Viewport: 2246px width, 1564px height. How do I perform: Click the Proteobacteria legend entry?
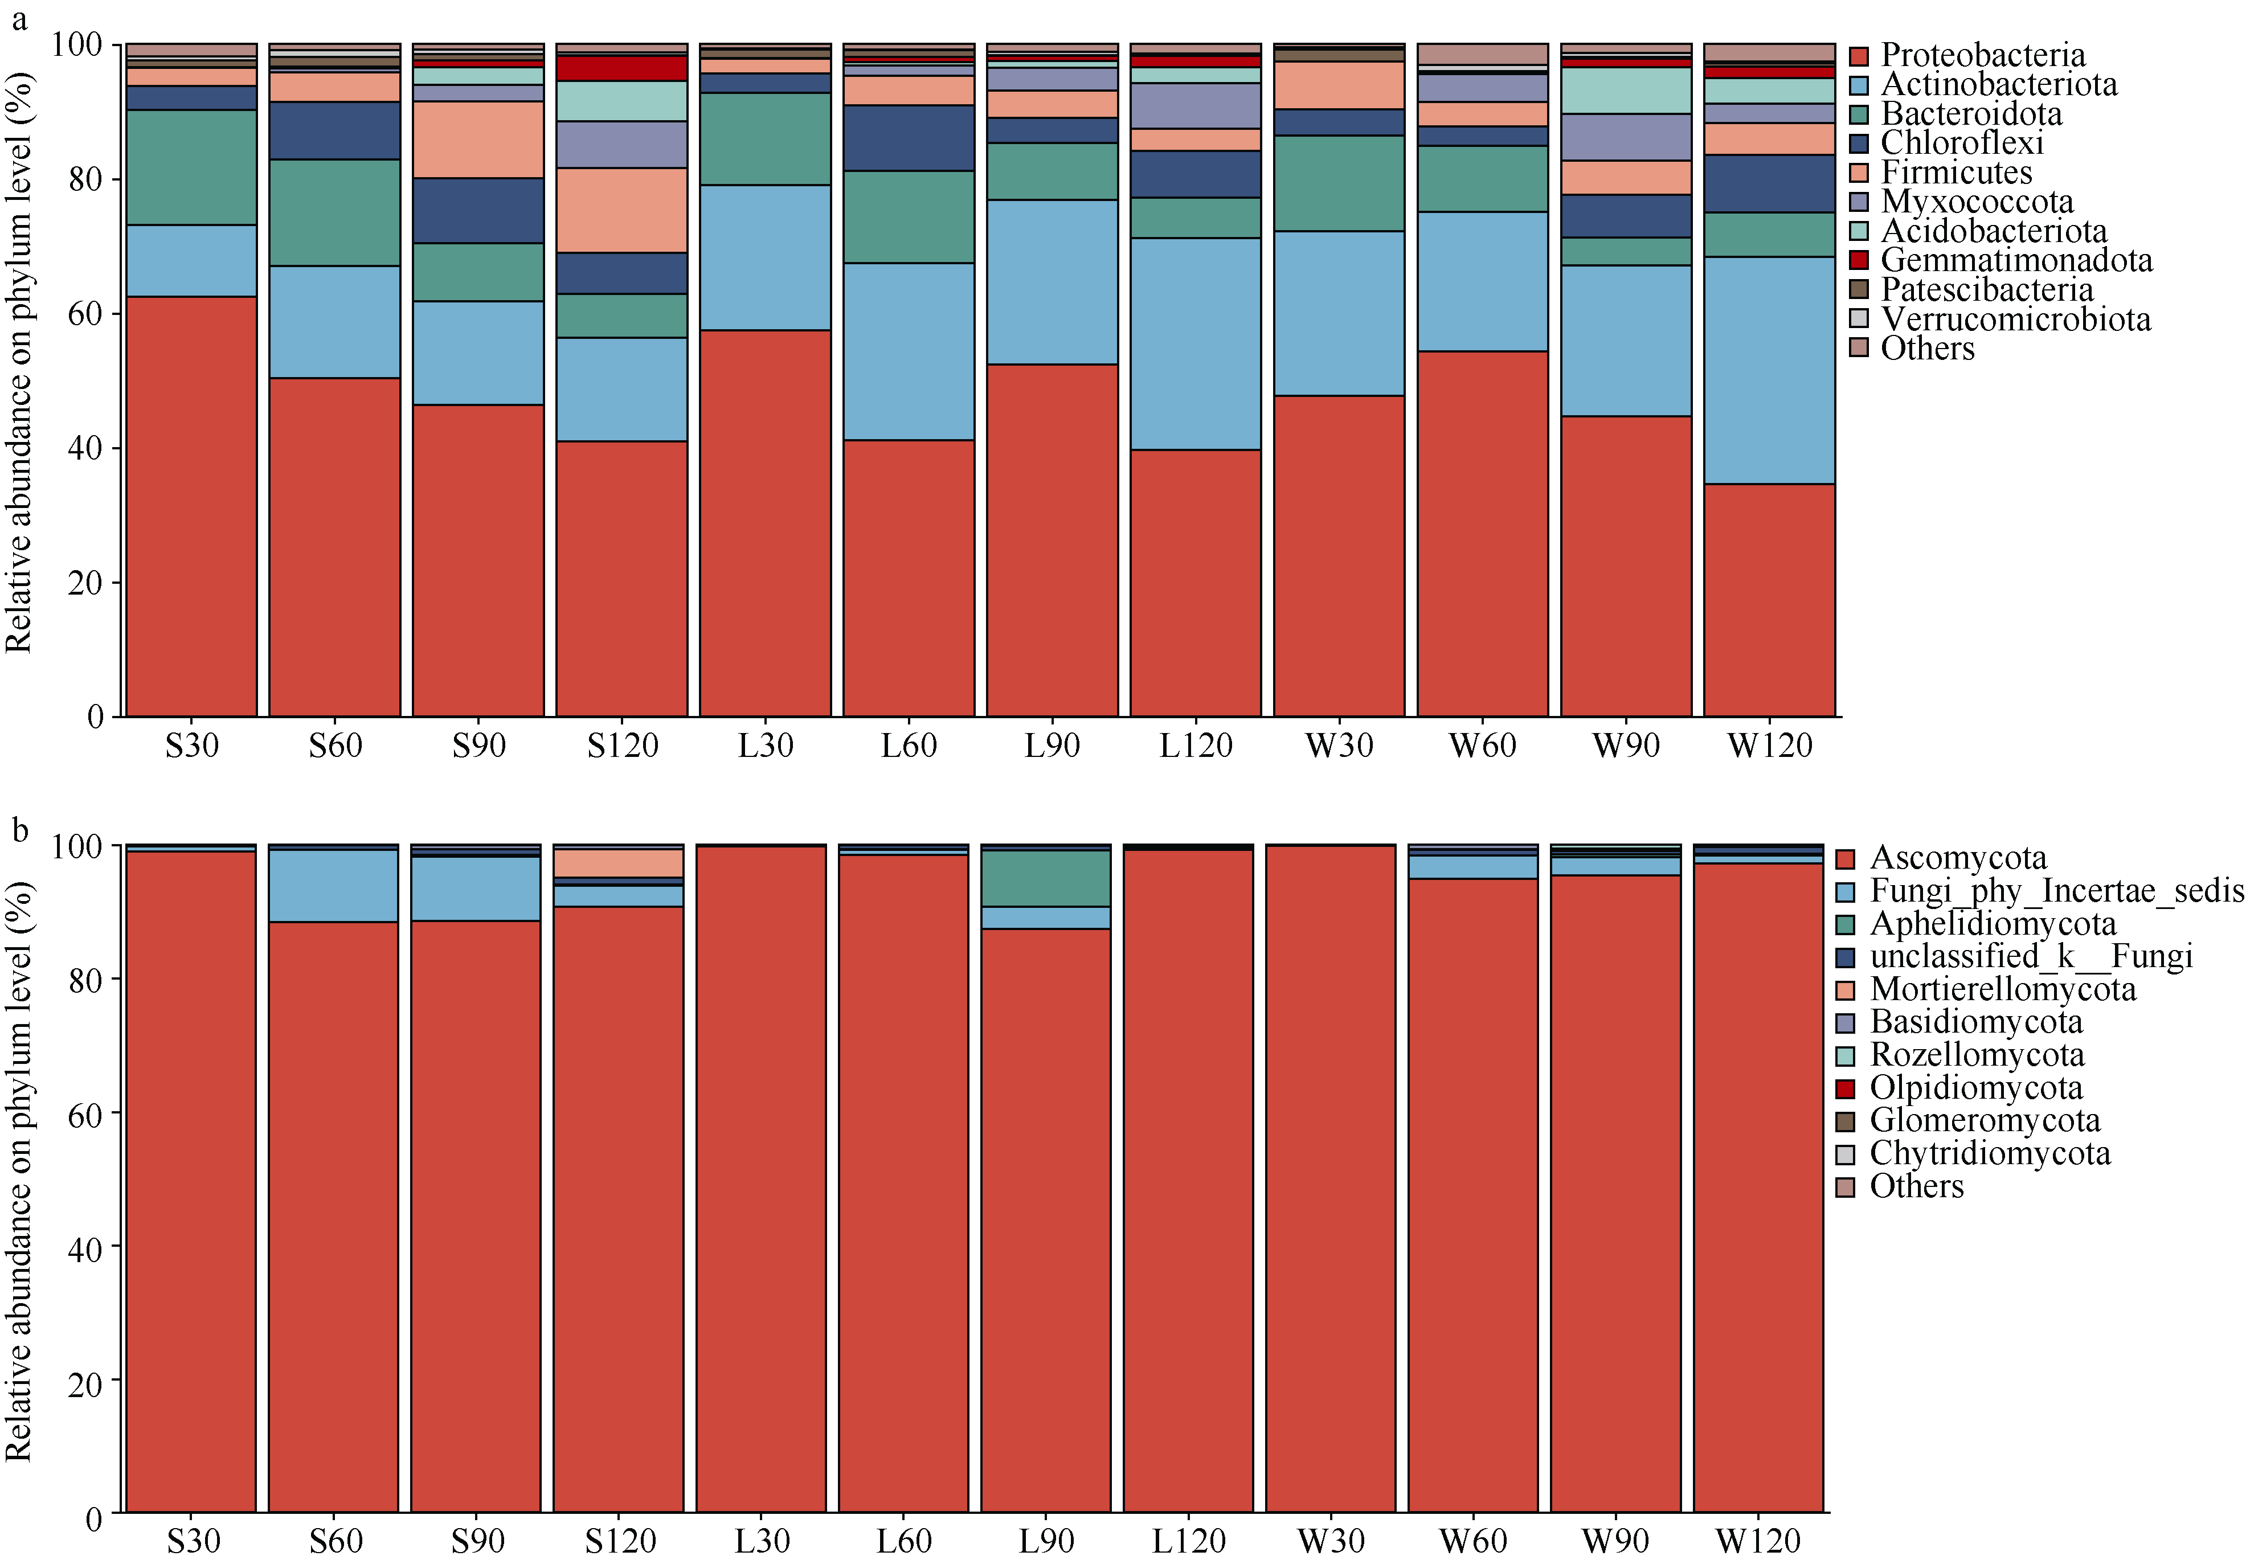point(1982,55)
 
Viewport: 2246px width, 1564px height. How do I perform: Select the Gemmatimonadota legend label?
point(2015,260)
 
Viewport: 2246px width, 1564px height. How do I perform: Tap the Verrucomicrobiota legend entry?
point(2015,319)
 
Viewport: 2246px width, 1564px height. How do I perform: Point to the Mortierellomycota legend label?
point(2002,989)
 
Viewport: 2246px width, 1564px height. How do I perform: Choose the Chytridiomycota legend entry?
point(1990,1153)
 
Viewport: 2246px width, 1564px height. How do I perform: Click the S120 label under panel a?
point(622,746)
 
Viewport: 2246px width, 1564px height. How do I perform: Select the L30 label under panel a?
point(765,746)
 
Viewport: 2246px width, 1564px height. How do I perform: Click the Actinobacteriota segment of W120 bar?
point(1769,370)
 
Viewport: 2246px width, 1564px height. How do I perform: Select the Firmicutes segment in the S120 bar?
point(622,210)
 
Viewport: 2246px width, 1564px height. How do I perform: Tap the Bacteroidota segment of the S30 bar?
point(192,167)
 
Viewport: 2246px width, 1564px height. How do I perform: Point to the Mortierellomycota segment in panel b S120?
point(618,863)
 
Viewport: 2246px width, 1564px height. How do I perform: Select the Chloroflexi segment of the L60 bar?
point(909,138)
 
